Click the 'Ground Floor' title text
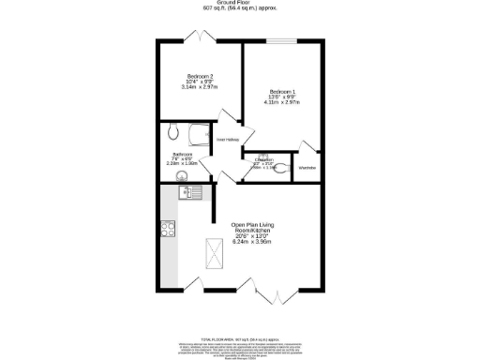tap(239, 3)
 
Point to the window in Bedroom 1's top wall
tap(281, 40)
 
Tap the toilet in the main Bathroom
tap(172, 131)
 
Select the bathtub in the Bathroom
tap(198, 134)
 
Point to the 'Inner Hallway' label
tap(227, 140)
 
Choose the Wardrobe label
tap(307, 168)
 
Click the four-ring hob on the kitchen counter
tap(169, 227)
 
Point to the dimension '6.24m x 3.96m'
tap(251, 243)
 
